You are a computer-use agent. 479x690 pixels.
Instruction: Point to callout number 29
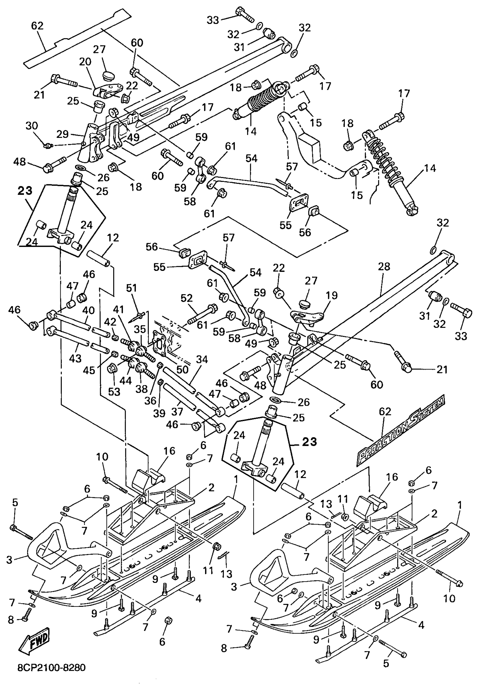pos(63,134)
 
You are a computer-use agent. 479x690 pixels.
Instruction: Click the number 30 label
pos(32,126)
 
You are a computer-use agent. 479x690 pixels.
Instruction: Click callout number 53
pos(114,392)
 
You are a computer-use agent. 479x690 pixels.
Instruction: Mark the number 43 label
pos(75,358)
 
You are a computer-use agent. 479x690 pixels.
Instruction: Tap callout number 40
pos(88,310)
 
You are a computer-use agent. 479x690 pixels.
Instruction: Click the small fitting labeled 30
pos(47,146)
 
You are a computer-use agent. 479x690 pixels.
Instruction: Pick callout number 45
pos(89,371)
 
